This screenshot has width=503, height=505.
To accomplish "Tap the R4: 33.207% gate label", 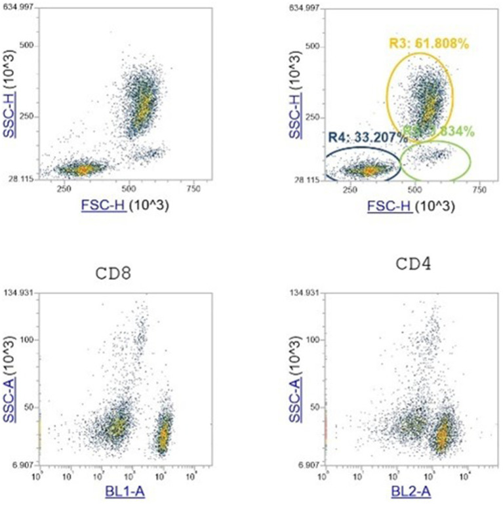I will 359,138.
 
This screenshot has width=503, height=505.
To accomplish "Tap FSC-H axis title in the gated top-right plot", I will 391,205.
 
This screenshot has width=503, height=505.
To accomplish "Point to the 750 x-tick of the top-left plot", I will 193,190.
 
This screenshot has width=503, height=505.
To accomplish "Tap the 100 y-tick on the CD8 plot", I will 30,340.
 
